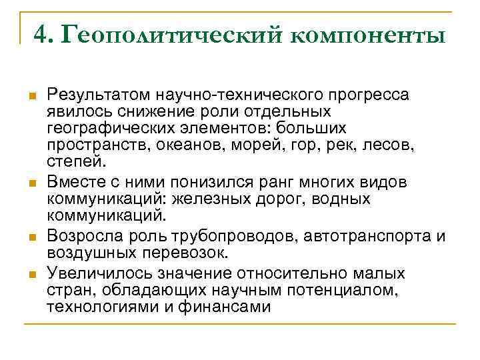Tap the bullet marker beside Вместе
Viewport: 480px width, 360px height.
coord(31,183)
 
